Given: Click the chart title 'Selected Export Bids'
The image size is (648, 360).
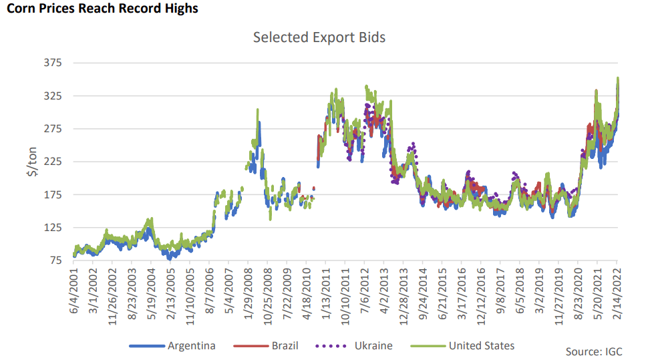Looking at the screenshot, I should pyautogui.click(x=319, y=37).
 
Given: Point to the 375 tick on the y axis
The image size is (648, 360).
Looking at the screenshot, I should pyautogui.click(x=51, y=63).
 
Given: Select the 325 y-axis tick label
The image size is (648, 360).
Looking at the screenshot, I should pyautogui.click(x=51, y=96).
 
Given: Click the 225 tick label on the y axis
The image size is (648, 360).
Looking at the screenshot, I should pyautogui.click(x=51, y=162).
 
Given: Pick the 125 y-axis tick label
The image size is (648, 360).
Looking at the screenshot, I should pyautogui.click(x=51, y=227).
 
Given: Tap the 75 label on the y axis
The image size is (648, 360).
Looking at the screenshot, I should pyautogui.click(x=54, y=260).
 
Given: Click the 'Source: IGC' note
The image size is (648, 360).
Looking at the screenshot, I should pyautogui.click(x=593, y=351).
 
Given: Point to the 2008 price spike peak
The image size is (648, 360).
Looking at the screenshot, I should pyautogui.click(x=257, y=110).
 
